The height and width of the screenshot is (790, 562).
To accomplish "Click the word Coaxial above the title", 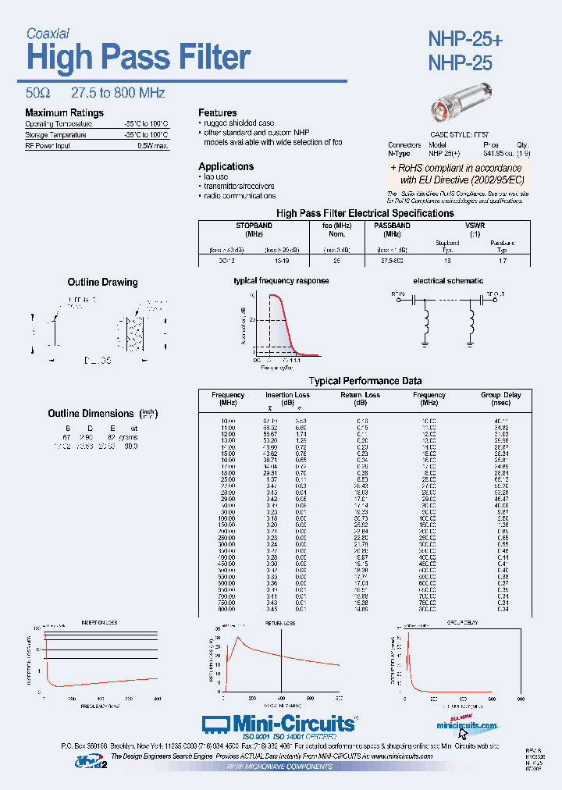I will click(x=48, y=34).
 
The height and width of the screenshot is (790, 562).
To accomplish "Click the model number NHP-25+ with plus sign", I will click(x=464, y=39).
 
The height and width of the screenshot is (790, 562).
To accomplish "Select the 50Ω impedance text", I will click(x=39, y=93).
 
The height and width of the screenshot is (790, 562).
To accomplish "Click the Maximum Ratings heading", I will click(x=64, y=113).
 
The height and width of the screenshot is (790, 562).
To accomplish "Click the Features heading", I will click(x=217, y=113).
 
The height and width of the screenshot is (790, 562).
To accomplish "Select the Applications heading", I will click(x=226, y=166).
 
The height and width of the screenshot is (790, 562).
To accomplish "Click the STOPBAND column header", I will click(x=254, y=225).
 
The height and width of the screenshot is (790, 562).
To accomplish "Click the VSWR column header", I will click(x=474, y=225).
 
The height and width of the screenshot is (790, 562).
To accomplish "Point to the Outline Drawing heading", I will click(x=102, y=282).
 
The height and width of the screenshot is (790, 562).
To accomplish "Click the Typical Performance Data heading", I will click(x=365, y=381).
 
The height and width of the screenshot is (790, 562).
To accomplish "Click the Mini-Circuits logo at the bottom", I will click(x=279, y=724).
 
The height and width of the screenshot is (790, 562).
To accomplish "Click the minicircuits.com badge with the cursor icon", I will click(x=467, y=727).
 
